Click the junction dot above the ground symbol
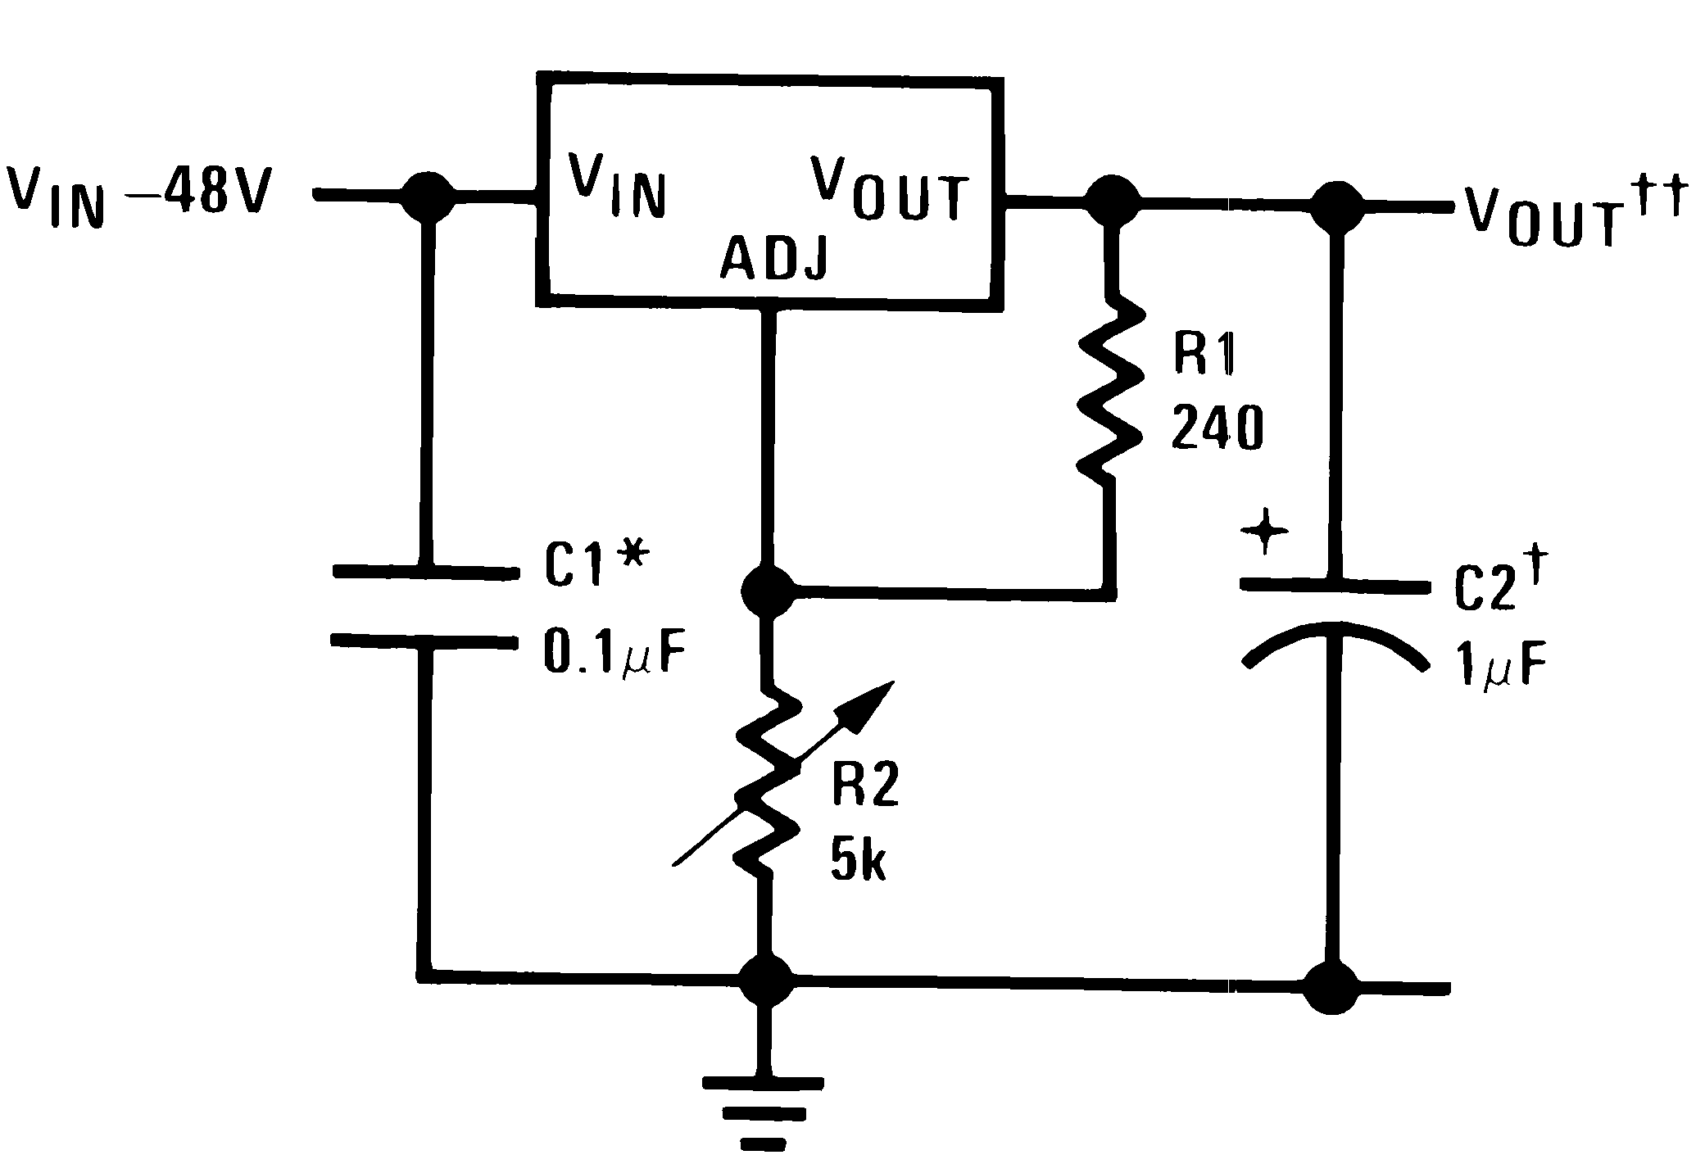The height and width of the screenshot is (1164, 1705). (766, 980)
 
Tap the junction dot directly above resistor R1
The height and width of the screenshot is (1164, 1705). (1110, 199)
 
